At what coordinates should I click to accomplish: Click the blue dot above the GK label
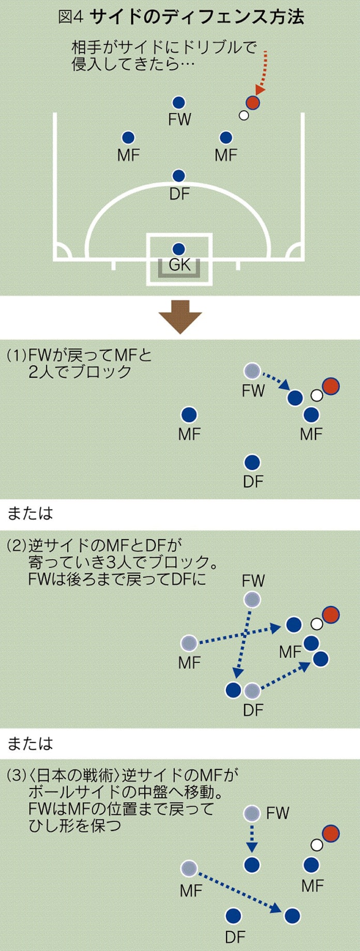[178, 249]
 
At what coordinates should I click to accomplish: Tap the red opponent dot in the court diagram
[252, 102]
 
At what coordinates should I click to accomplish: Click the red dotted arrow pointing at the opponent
[263, 72]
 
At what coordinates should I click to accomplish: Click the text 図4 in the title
[70, 17]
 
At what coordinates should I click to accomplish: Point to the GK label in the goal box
[179, 265]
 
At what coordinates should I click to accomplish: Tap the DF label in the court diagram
[179, 194]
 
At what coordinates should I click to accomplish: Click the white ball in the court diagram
[244, 115]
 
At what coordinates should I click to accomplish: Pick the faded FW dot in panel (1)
[252, 370]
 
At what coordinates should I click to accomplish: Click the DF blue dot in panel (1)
[252, 462]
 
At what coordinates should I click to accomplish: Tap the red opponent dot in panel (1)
[331, 386]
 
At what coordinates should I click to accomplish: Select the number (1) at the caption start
[16, 355]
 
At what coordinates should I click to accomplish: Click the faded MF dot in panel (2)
[189, 643]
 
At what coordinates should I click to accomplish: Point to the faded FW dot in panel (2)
[252, 600]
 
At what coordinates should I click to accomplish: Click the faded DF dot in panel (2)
[252, 690]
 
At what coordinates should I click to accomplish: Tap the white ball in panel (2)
[317, 624]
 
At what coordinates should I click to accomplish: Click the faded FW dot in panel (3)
[252, 813]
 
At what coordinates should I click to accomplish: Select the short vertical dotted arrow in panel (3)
[252, 838]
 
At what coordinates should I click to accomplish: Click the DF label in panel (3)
[235, 937]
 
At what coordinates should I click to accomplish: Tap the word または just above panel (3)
[30, 744]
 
